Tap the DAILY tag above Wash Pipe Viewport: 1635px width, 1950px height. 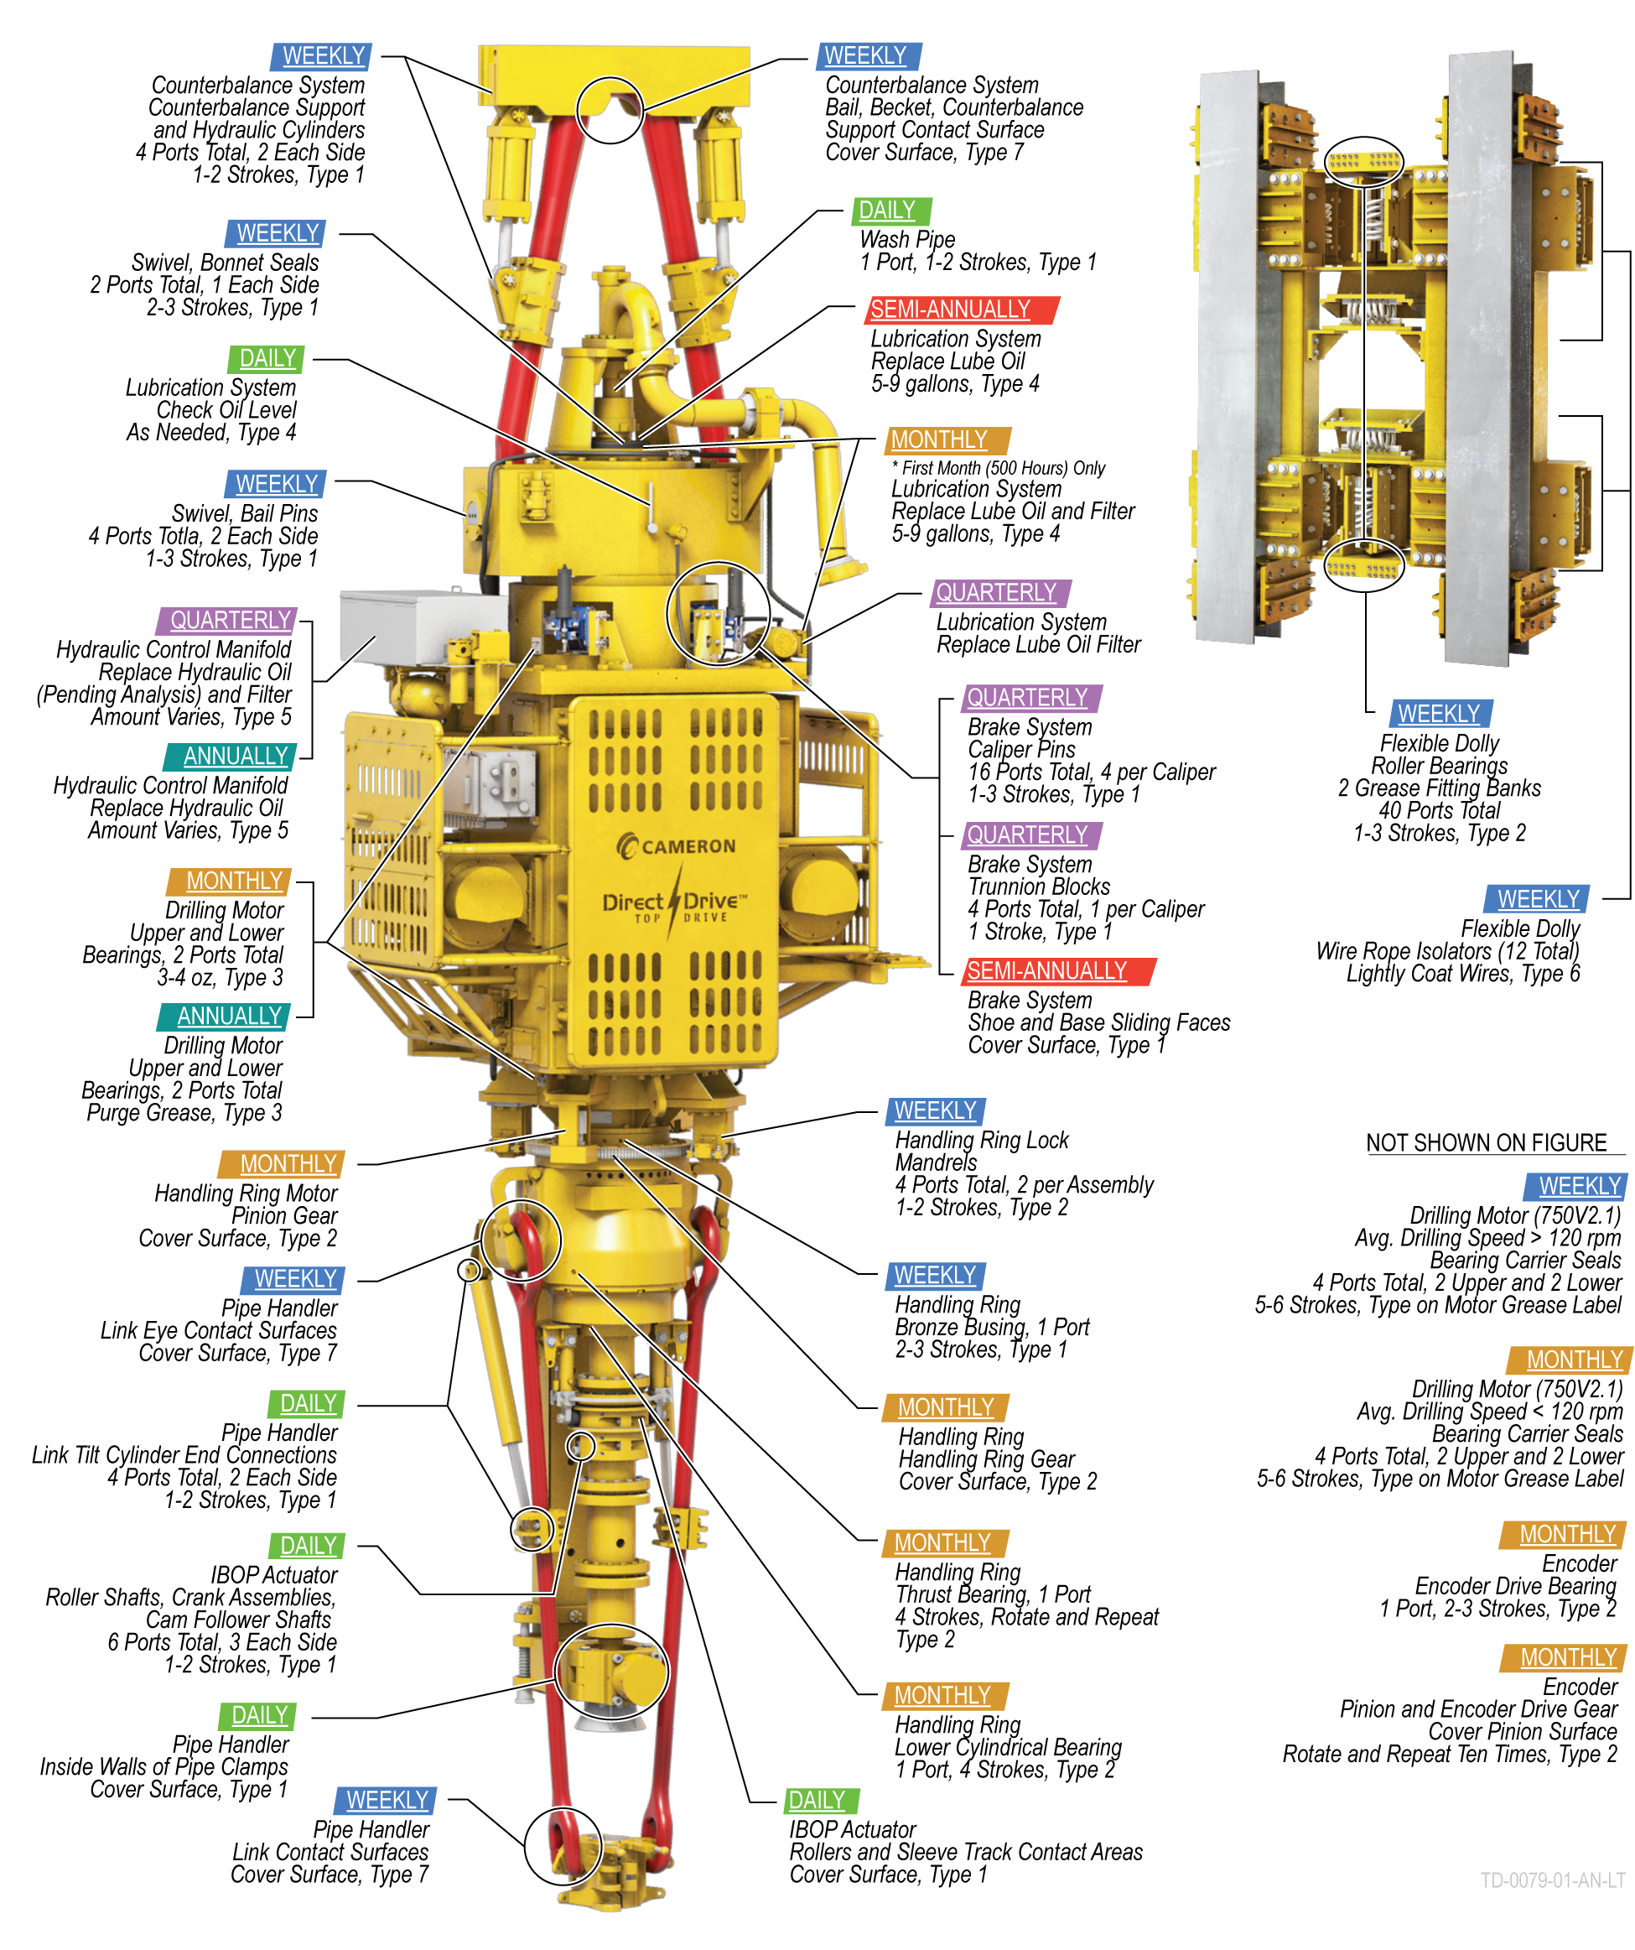pyautogui.click(x=890, y=211)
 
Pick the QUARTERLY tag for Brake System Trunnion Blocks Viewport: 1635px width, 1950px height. pyautogui.click(x=1029, y=835)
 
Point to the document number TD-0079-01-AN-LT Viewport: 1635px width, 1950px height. pyautogui.click(x=1551, y=1880)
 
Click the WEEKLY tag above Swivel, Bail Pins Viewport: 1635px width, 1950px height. pyautogui.click(x=276, y=484)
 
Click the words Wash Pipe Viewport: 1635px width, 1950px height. pyautogui.click(x=906, y=240)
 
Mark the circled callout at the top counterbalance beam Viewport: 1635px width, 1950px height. pyautogui.click(x=609, y=110)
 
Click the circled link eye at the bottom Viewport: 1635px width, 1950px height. pyautogui.click(x=563, y=1846)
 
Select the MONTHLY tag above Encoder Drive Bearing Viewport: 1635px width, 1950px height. pyautogui.click(x=1566, y=1534)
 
